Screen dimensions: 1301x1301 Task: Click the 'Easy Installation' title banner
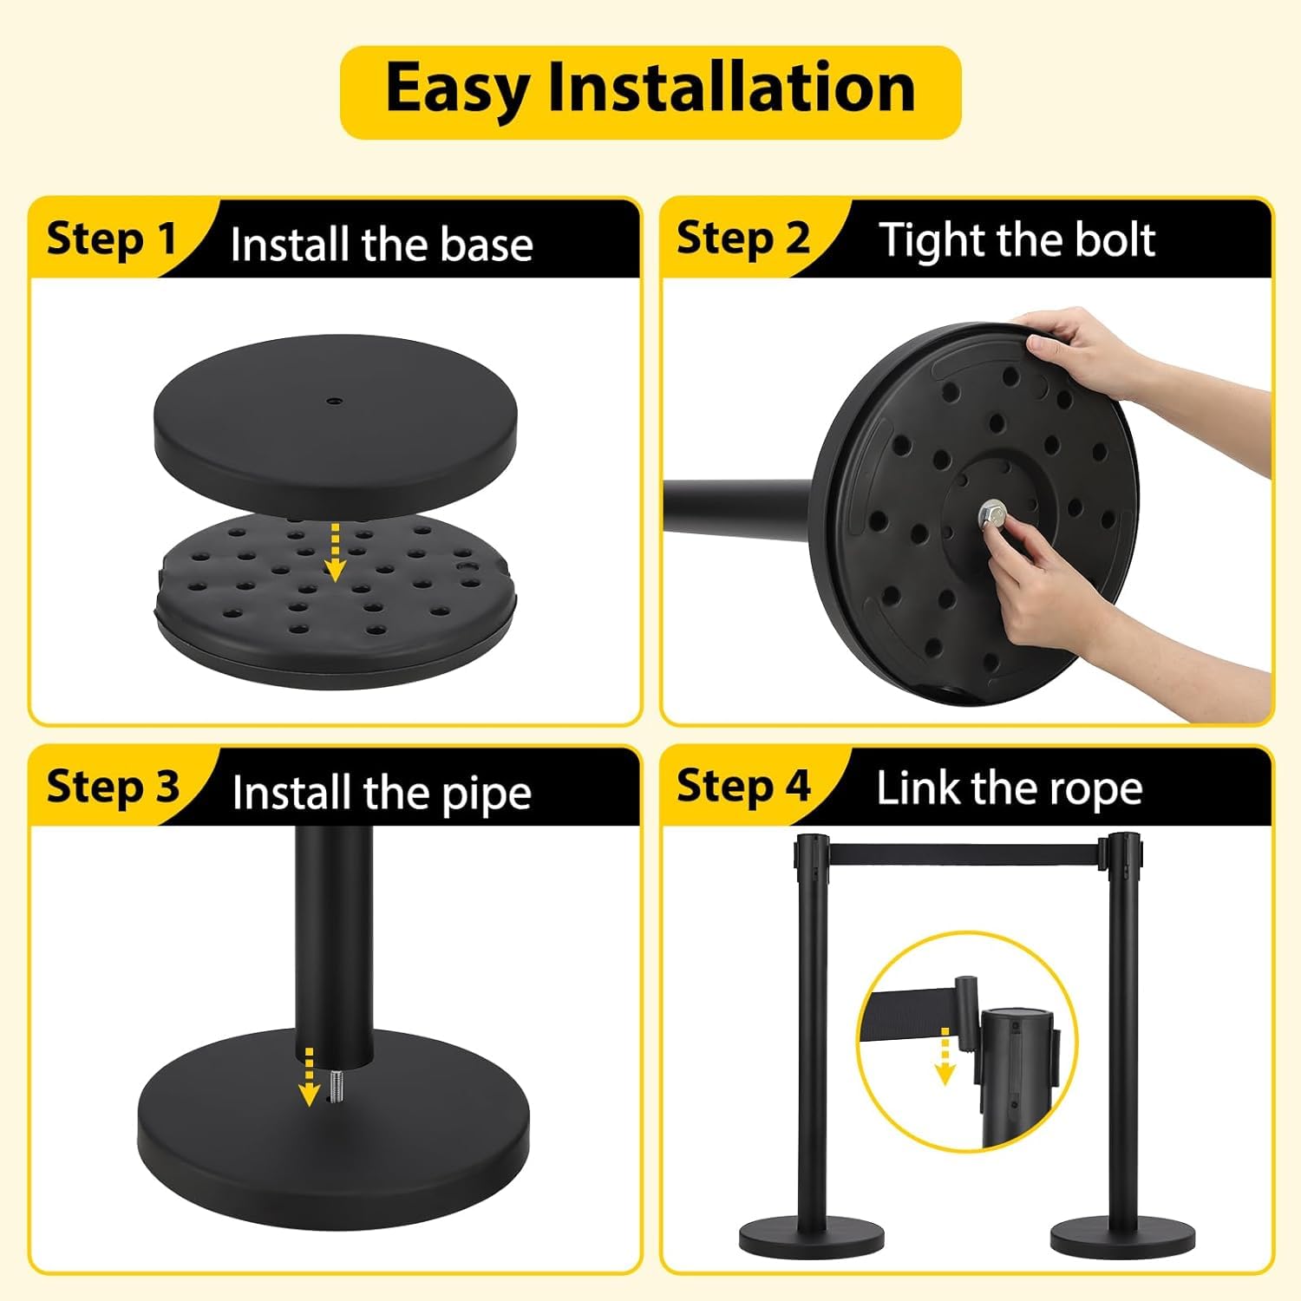(x=650, y=92)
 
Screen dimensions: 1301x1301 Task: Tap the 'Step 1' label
(x=111, y=239)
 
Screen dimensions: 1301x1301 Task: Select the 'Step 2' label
(x=742, y=239)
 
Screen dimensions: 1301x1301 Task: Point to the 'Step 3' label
(x=113, y=787)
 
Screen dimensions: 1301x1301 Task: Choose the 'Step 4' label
(x=743, y=786)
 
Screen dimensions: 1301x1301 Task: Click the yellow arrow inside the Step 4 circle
(x=945, y=1056)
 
